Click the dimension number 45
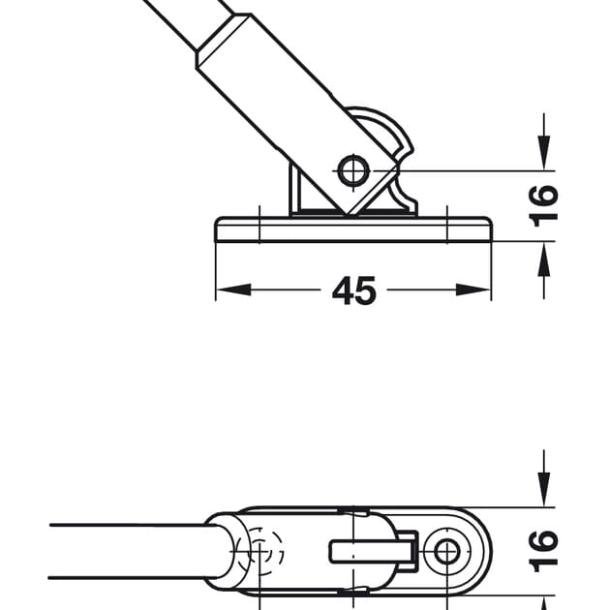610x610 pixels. pyautogui.click(x=354, y=290)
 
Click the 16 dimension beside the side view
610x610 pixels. pyautogui.click(x=544, y=206)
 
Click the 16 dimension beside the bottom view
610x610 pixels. pyautogui.click(x=544, y=551)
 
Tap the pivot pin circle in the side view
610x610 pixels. pyautogui.click(x=353, y=170)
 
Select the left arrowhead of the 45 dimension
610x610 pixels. pyautogui.click(x=233, y=290)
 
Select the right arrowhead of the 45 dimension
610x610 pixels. pyautogui.click(x=473, y=290)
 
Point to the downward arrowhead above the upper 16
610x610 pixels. pyautogui.click(x=544, y=153)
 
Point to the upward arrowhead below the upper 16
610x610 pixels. pyautogui.click(x=544, y=259)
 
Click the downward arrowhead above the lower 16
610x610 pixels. pyautogui.click(x=544, y=489)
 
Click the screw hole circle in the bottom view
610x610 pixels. pyautogui.click(x=447, y=552)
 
